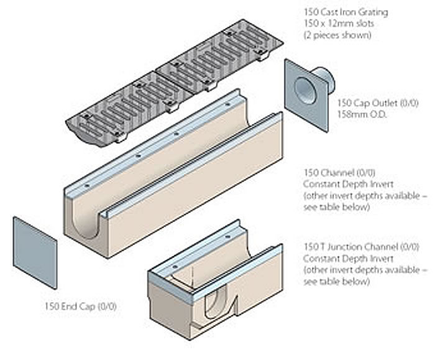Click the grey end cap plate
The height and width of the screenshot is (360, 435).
(x=35, y=252)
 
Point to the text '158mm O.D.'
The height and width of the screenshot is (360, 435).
(x=359, y=114)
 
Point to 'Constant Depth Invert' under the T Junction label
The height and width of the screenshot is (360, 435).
(x=342, y=258)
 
